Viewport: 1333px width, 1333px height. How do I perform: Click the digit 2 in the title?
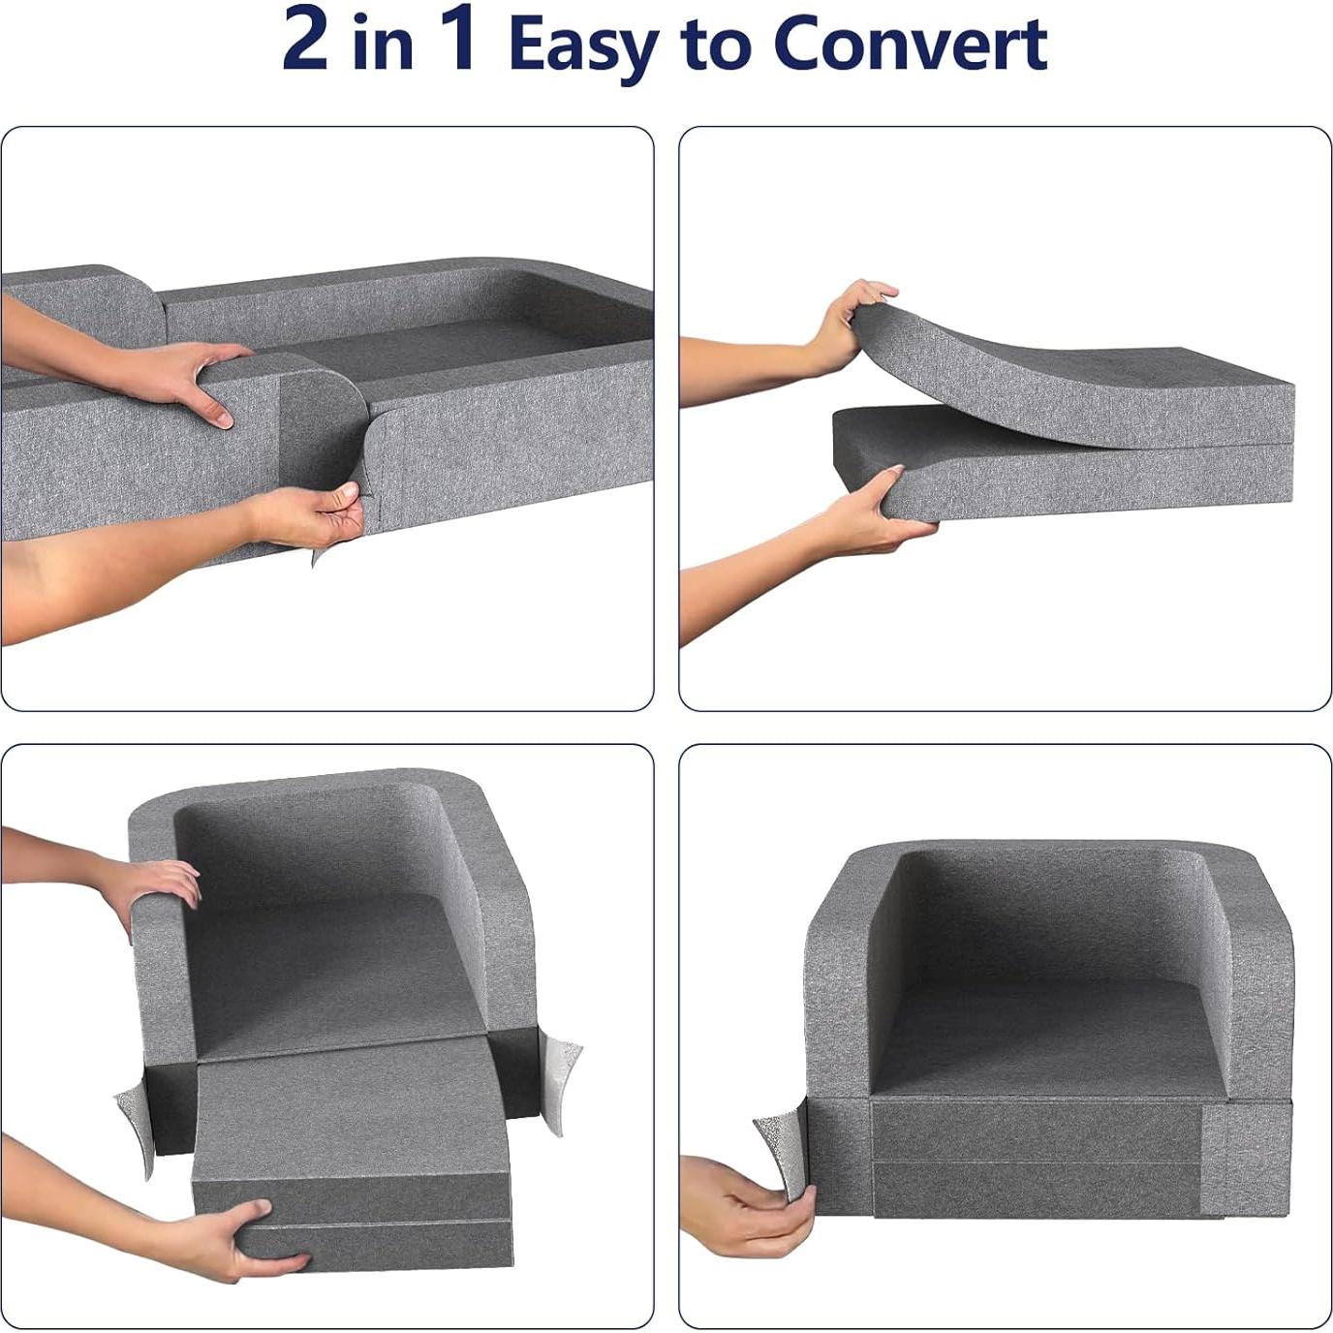click(x=305, y=39)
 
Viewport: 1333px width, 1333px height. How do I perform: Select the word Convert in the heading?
click(x=911, y=43)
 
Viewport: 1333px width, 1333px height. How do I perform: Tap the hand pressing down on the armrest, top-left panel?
click(x=189, y=378)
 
